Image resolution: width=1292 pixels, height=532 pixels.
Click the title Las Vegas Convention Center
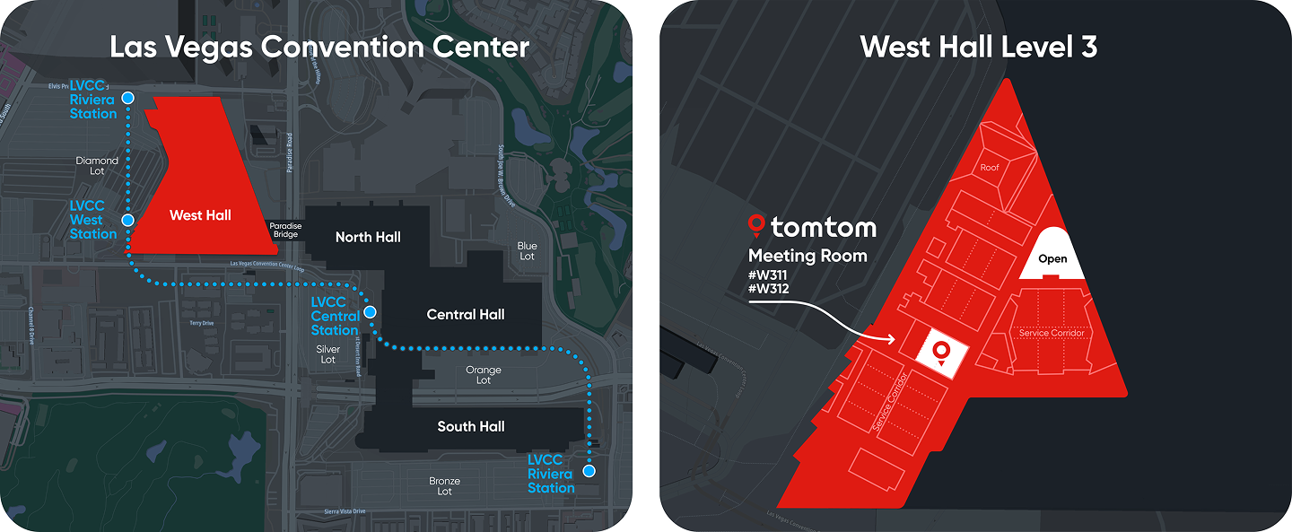319,46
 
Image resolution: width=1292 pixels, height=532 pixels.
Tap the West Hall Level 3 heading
978,46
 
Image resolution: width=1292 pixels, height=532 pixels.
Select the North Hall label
368,237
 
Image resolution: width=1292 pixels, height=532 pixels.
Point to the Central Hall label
466,314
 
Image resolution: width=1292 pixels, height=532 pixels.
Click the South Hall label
471,426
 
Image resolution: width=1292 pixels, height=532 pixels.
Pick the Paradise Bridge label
285,231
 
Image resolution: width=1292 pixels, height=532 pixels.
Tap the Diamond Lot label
97,166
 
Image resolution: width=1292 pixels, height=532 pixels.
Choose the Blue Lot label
528,251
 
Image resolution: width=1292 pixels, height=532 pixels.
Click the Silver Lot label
328,354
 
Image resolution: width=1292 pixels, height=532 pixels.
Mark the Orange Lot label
484,375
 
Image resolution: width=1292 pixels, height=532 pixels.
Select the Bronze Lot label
445,486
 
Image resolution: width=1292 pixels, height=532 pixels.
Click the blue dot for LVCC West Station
128,220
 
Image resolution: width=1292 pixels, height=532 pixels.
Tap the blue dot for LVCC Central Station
370,311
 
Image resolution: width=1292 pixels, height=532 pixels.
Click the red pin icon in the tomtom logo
756,224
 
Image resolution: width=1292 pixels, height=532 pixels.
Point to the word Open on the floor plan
1052,259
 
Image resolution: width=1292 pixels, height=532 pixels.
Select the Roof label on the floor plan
990,168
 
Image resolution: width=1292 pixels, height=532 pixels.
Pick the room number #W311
767,275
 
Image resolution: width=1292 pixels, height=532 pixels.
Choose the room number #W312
767,289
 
